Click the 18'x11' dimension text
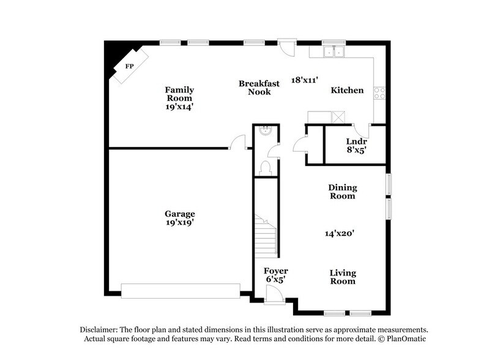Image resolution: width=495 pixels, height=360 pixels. (305, 80)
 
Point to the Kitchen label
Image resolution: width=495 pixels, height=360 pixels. (347, 90)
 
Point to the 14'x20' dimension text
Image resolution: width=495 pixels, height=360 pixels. (340, 233)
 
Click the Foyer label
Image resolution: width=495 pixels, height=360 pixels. (275, 271)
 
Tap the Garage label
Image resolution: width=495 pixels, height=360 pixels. (179, 214)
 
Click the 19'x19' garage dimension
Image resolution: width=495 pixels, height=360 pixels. (179, 223)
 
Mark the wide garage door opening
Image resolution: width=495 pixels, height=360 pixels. (181, 291)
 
